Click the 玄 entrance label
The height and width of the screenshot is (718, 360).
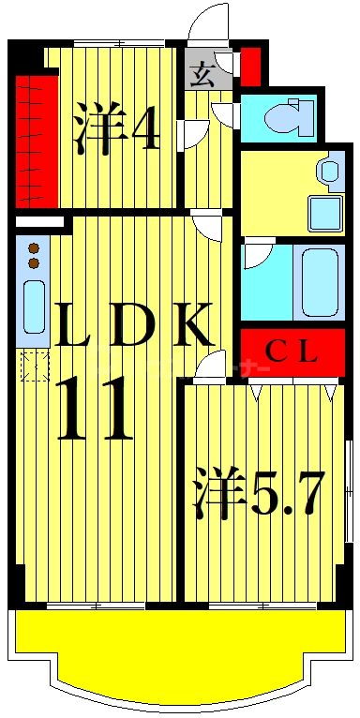coord(201,75)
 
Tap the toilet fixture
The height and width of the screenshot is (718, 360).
coord(285,119)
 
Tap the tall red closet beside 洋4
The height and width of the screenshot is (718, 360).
coord(37,141)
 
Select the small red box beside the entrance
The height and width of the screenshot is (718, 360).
coord(251,65)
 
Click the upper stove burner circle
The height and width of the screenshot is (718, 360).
coord(35,249)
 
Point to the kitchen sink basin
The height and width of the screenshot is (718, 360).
coord(34,306)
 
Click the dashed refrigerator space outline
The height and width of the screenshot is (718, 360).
coord(35,365)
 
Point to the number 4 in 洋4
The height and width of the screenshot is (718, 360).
coord(145,132)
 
